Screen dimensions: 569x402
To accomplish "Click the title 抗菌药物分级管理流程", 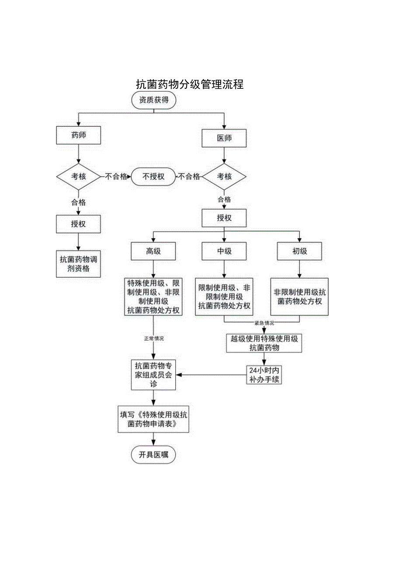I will click(190, 84).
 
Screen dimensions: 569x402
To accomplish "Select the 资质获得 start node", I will click(153, 100).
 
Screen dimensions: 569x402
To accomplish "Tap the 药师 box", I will click(79, 136).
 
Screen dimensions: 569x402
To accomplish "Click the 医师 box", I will click(224, 138).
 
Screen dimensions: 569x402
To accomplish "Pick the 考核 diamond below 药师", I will click(79, 176).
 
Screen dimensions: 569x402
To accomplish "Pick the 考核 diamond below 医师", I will click(224, 176).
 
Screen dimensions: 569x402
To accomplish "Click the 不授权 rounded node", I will click(153, 176).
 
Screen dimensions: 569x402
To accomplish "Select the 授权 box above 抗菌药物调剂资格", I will click(79, 224).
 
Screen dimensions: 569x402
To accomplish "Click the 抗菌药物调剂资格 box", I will click(79, 264).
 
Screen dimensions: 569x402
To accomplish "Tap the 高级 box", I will click(153, 251).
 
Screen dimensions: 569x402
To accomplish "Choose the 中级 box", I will click(224, 251).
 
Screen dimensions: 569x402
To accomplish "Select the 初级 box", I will click(299, 251).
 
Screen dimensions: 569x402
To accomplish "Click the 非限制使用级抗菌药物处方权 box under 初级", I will click(299, 297).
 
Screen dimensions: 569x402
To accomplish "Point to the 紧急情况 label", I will click(264, 323).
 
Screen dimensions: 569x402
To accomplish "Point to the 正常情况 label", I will click(153, 338).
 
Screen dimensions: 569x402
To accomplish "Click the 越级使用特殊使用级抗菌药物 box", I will click(264, 343).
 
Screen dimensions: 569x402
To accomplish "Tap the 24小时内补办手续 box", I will click(263, 375).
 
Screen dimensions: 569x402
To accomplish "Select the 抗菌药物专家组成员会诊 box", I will click(153, 375).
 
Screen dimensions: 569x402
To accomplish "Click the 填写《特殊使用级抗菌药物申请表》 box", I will click(153, 419).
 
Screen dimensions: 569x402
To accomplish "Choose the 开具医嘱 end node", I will click(153, 455).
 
